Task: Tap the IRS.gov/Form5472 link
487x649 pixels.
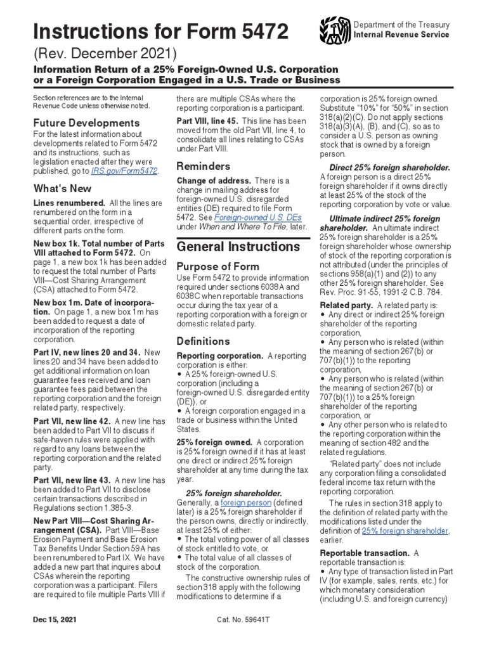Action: coord(131,170)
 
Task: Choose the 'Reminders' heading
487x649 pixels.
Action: coord(203,166)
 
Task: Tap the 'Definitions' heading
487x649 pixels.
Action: coord(203,341)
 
